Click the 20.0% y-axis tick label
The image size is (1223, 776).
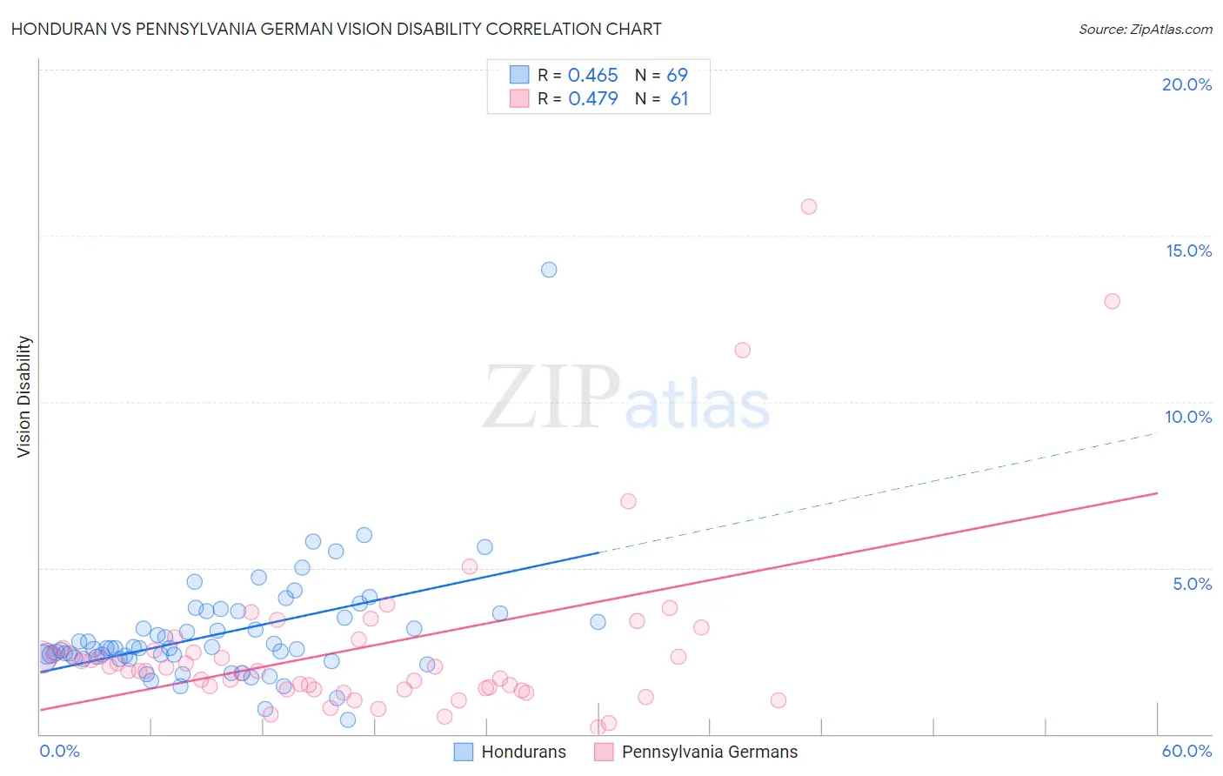pyautogui.click(x=1186, y=84)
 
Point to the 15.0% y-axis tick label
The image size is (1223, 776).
pyautogui.click(x=1188, y=251)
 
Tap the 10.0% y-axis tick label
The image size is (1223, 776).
pyautogui.click(x=1188, y=417)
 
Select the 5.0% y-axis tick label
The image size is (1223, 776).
pyautogui.click(x=1192, y=584)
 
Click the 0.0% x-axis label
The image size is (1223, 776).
pyautogui.click(x=59, y=751)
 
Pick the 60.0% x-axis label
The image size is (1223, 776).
pyautogui.click(x=1186, y=751)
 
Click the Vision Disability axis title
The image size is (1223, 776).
pyautogui.click(x=24, y=396)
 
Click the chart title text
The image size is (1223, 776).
pyautogui.click(x=336, y=29)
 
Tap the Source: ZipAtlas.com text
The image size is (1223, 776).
pyautogui.click(x=1145, y=30)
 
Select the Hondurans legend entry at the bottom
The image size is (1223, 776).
pyautogui.click(x=523, y=752)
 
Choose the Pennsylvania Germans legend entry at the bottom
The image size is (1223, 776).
pyautogui.click(x=709, y=752)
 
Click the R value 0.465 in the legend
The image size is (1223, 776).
pyautogui.click(x=592, y=76)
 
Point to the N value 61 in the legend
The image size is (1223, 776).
pyautogui.click(x=678, y=99)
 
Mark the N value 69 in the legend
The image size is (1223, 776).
pyautogui.click(x=677, y=76)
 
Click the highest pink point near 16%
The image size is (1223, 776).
pyautogui.click(x=809, y=206)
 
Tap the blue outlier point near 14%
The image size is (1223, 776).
pyautogui.click(x=549, y=270)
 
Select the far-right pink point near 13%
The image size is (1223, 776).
pyautogui.click(x=1112, y=301)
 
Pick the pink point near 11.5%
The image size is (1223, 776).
pyautogui.click(x=742, y=350)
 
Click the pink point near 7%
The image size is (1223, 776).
pyautogui.click(x=628, y=501)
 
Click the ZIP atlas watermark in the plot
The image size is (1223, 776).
pyautogui.click(x=626, y=398)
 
